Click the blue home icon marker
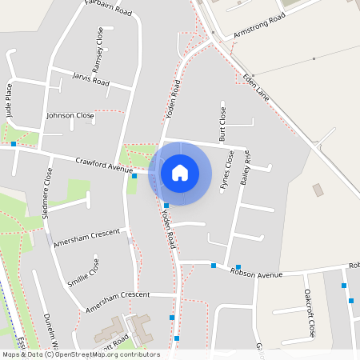180,173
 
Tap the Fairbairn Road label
108,9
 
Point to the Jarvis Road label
90,81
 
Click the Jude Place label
9,100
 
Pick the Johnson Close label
70,115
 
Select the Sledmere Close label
48,193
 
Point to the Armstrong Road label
259,28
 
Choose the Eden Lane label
255,86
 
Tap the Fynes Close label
227,170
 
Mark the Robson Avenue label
257,272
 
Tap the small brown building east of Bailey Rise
318,190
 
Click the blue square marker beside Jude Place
14,144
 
